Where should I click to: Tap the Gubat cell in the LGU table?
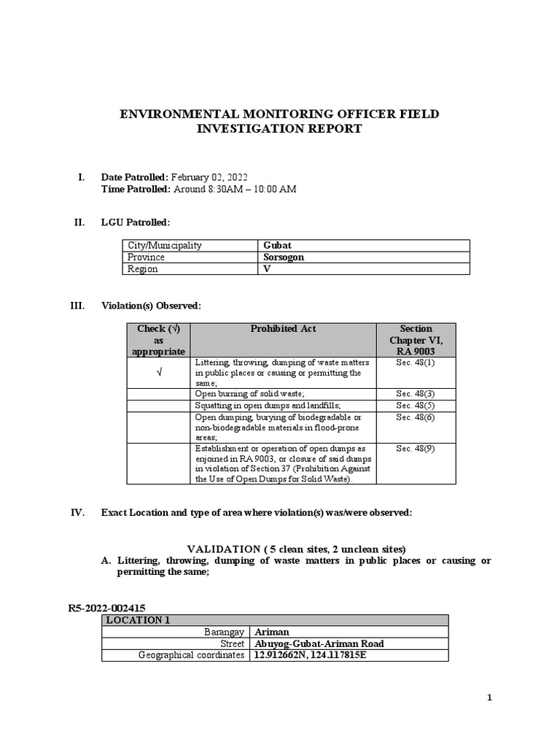[x=276, y=246]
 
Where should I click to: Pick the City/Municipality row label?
[x=165, y=246]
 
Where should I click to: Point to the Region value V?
[x=267, y=269]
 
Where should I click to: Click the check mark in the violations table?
[x=158, y=373]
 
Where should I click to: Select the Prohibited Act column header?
[x=283, y=329]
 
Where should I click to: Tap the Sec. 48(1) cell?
[x=416, y=363]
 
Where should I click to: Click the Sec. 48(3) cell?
[x=416, y=394]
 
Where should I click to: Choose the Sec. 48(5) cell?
[x=416, y=406]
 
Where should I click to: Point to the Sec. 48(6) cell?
[x=416, y=417]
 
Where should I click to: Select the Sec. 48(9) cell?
[x=416, y=449]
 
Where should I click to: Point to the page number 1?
[x=490, y=698]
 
